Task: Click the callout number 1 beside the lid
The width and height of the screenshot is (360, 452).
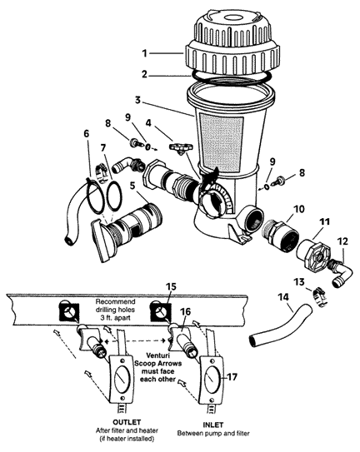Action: [x=145, y=53]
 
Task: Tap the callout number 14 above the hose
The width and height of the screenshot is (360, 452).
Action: [x=284, y=297]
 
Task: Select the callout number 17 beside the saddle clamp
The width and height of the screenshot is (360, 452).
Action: [x=232, y=376]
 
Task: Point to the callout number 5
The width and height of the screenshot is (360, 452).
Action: [x=132, y=186]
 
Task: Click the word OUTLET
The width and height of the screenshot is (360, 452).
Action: [x=127, y=422]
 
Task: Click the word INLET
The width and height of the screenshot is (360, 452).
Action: [x=213, y=425]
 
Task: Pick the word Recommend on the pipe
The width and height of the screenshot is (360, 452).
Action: [x=116, y=302]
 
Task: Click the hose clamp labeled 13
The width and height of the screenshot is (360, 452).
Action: [x=318, y=296]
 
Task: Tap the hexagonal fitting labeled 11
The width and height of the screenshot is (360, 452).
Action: [x=313, y=252]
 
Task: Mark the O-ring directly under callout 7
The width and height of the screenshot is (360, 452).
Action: [x=113, y=195]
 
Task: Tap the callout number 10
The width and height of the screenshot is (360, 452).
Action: [x=299, y=209]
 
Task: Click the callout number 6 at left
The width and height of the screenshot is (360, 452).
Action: [x=87, y=133]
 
